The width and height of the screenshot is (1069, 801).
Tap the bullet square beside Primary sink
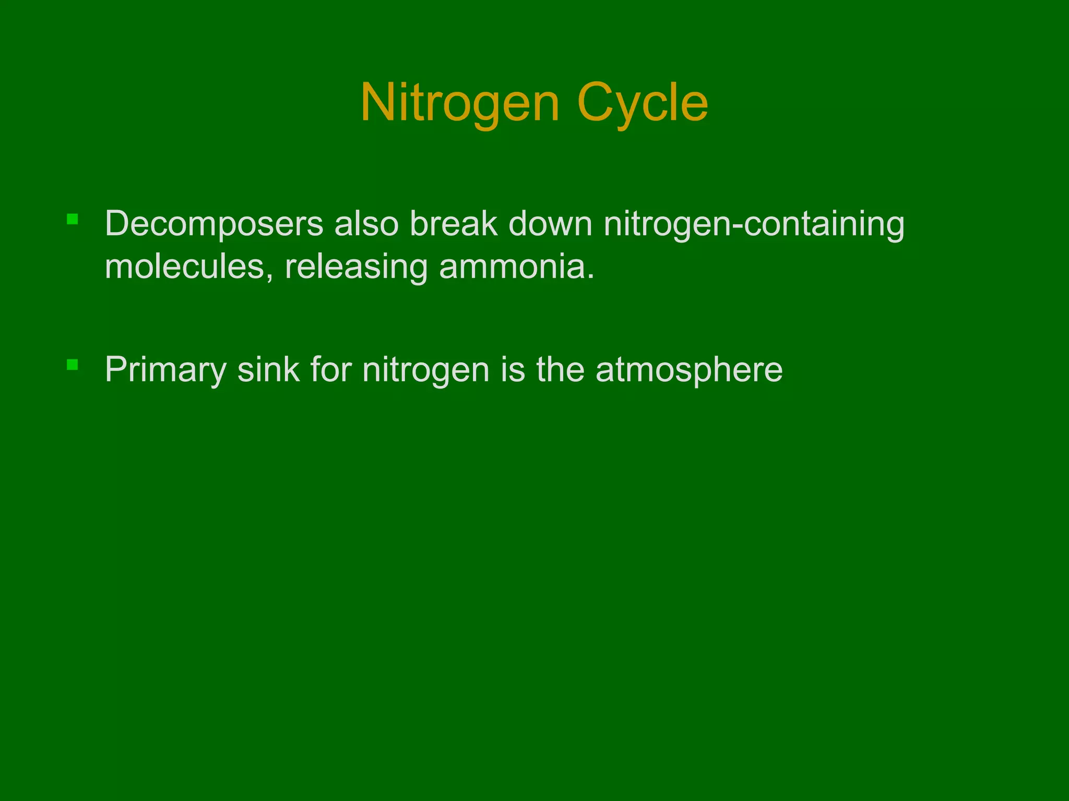pos(73,364)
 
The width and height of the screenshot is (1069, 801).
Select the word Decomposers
pos(214,224)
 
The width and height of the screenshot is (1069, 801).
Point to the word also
pos(366,224)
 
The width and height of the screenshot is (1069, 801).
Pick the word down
pos(550,224)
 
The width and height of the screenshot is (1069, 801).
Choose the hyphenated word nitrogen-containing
pos(754,224)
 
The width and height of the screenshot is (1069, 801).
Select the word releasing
pos(355,266)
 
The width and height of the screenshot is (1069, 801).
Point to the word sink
pos(268,370)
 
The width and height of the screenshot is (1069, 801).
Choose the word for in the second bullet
pos(331,370)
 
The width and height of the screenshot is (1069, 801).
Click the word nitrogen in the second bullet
pos(426,370)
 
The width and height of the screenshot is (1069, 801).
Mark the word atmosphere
pos(689,370)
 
